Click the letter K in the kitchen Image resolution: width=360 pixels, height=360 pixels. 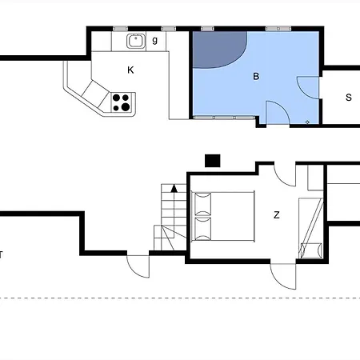(130, 70)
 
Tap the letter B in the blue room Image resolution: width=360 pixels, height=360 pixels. (256, 77)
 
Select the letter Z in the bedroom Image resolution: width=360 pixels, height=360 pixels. (277, 215)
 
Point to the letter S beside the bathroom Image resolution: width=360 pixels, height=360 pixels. (349, 98)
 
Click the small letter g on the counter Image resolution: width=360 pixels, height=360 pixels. (154, 40)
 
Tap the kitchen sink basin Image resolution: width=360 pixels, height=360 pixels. (136, 41)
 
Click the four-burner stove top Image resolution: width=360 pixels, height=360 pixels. (121, 102)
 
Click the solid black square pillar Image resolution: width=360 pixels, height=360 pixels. (213, 161)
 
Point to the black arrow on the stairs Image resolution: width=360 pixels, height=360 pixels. (174, 189)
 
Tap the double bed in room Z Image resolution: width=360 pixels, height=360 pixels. (223, 216)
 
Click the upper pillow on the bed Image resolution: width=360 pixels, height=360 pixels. (203, 204)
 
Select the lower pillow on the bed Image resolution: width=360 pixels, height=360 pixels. (203, 229)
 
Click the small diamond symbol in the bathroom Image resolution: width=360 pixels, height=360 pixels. (307, 122)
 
